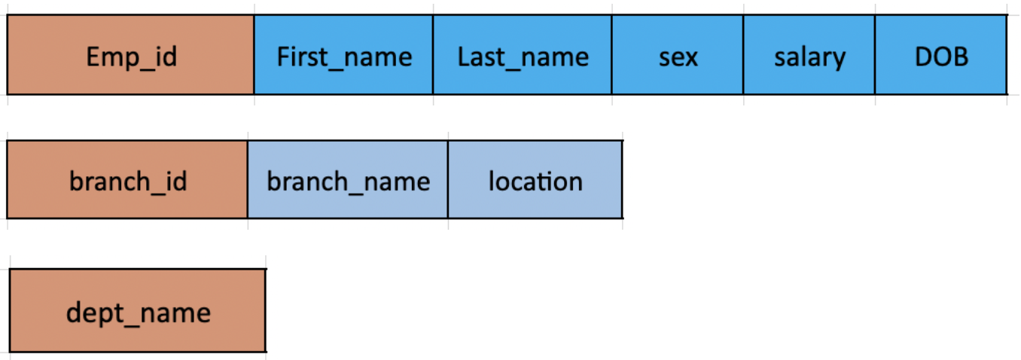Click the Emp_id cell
tap(130, 55)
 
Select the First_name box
tap(343, 55)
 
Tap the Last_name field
tap(523, 55)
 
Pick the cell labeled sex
tap(677, 55)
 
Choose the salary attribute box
tap(809, 55)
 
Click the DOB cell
tap(940, 55)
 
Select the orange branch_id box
tap(127, 180)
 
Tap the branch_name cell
tap(347, 180)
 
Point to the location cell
tap(535, 180)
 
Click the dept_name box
tap(138, 311)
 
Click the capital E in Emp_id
tap(93, 56)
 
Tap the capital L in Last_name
tap(464, 56)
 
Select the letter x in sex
tap(690, 57)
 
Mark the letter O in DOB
tap(940, 56)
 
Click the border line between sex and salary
tap(743, 55)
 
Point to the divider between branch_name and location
tap(448, 180)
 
